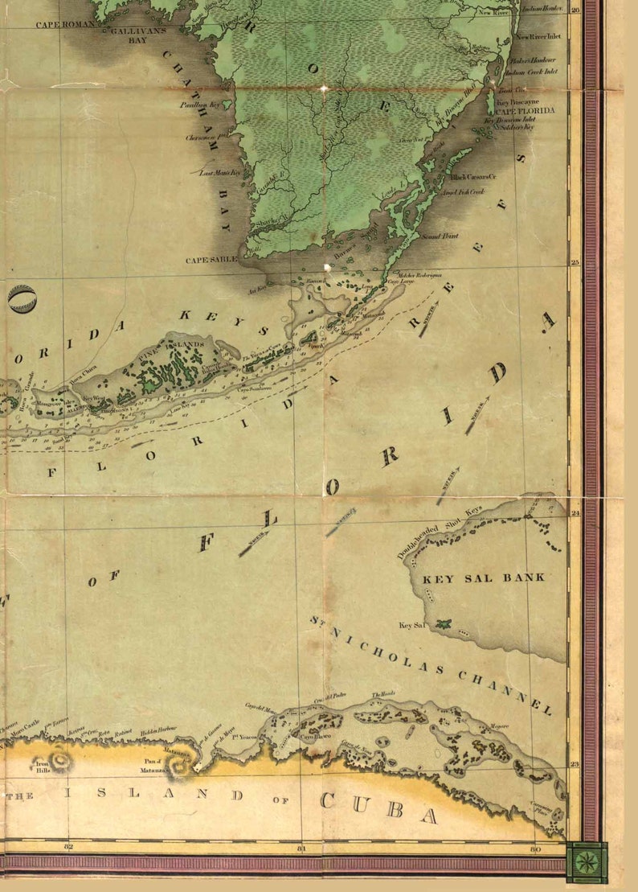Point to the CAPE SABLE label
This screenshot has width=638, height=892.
click(x=211, y=260)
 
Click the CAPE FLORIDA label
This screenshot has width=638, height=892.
click(x=525, y=110)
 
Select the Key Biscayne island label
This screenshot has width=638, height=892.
click(x=514, y=103)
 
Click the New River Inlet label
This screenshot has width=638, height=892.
click(x=536, y=37)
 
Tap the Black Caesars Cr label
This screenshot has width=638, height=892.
click(x=473, y=176)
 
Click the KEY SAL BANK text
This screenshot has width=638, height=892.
click(x=484, y=578)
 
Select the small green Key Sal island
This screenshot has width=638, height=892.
click(x=442, y=623)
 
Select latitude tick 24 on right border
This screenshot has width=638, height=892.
click(x=575, y=512)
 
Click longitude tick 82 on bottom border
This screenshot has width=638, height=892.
click(x=68, y=848)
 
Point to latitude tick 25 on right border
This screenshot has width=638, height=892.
click(x=575, y=262)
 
